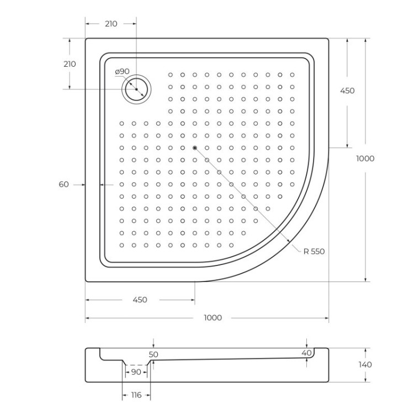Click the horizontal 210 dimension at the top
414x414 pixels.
click(x=110, y=24)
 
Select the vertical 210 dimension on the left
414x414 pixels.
click(x=70, y=63)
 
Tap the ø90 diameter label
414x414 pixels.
click(x=122, y=72)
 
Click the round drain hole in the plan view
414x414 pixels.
click(x=136, y=89)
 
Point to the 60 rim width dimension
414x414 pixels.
click(x=64, y=184)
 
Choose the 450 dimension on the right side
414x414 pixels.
click(x=347, y=91)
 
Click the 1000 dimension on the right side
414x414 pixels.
click(x=365, y=158)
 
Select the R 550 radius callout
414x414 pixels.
click(x=314, y=251)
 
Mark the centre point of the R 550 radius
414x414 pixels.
click(x=194, y=148)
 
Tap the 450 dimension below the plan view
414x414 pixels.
click(x=140, y=300)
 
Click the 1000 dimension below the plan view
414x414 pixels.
click(x=213, y=318)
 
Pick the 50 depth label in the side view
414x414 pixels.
click(x=153, y=354)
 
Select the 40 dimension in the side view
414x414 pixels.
click(x=307, y=353)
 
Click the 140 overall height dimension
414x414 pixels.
click(x=365, y=364)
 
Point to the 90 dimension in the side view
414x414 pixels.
click(x=136, y=372)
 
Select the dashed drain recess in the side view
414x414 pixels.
click(x=136, y=365)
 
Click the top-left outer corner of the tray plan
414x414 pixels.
click(x=86, y=39)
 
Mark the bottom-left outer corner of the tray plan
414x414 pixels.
click(x=86, y=281)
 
